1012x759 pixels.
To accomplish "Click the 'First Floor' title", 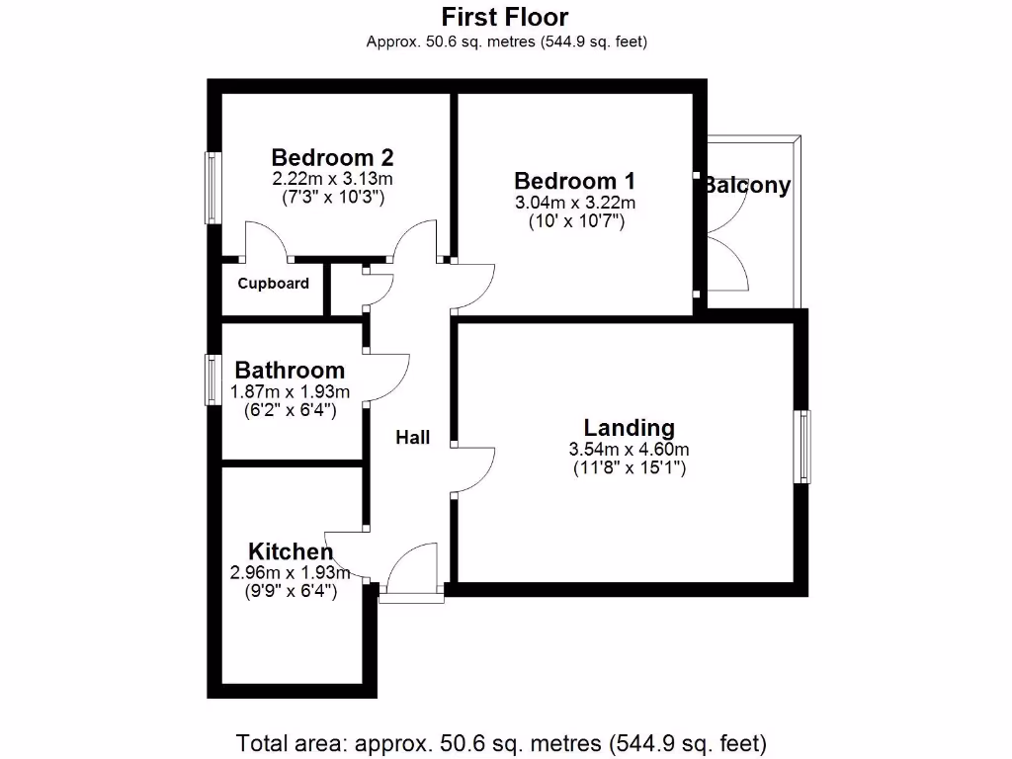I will coord(505,17).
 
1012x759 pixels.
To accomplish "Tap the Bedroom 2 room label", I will coord(333,157).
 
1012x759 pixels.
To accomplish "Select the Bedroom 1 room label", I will coord(574,181).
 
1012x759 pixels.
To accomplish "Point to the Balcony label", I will coord(748,185).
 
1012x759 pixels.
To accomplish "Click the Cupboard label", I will coord(274,284).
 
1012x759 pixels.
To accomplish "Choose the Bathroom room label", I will coord(290,371).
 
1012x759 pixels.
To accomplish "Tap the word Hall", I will coord(413,437).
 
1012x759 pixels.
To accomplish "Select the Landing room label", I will coord(630,428).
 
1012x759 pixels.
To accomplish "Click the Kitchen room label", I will coord(290,551).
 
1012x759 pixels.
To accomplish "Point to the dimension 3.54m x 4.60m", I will coord(630,450).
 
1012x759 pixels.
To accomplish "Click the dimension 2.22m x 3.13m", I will coord(333,179).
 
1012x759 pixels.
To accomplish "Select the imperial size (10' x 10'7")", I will coord(574,222).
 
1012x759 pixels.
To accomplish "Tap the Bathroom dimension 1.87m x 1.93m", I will coord(290,391).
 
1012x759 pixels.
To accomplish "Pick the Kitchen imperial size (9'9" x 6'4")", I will coord(290,592).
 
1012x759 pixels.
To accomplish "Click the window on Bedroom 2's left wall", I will coord(211,187).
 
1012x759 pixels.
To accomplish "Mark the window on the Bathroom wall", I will coord(211,379).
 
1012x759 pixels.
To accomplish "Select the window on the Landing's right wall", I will coord(803,447).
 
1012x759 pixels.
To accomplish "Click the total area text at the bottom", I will coord(502,742).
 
